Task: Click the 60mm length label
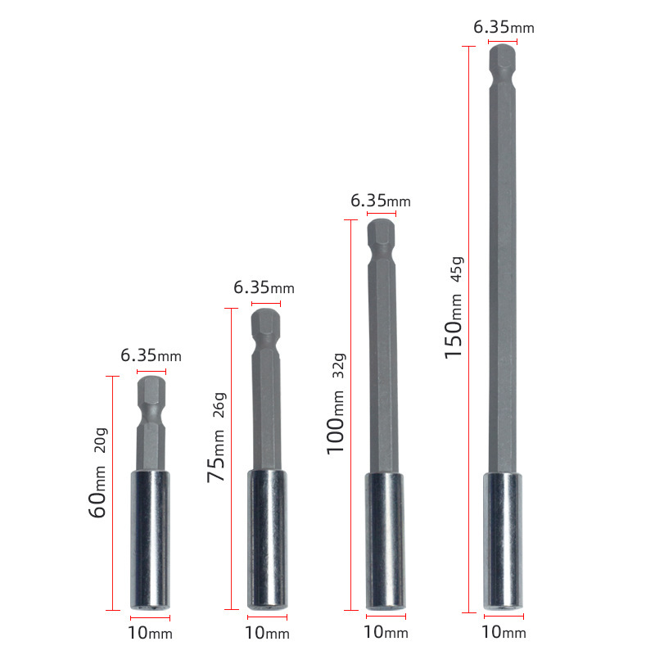pos(97,491)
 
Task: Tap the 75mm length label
pos(216,456)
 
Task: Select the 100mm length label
pos(335,422)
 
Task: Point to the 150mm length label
pos(454,326)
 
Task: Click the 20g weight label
pos(101,440)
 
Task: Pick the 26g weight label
pos(219,404)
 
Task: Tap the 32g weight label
pos(339,365)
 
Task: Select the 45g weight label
pos(457,269)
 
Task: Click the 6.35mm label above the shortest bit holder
pos(151,356)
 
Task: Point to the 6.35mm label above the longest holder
pos(504,27)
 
